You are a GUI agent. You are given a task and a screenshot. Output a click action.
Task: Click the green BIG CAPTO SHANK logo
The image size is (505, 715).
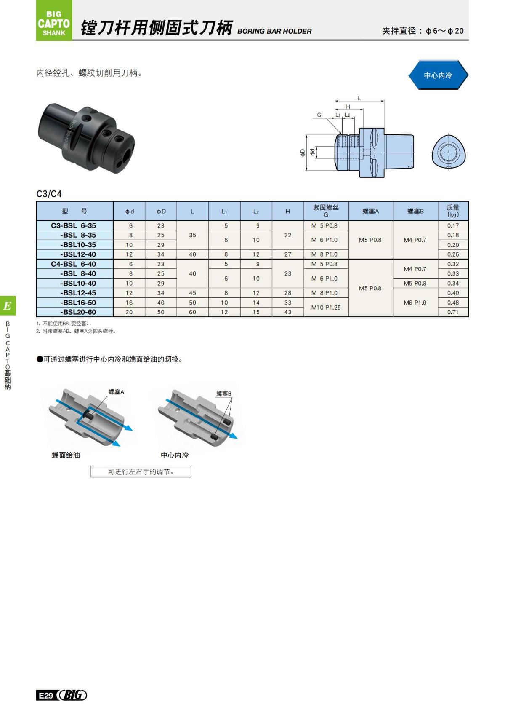click(54, 21)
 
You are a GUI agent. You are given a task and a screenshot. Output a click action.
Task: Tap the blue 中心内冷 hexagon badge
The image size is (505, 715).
click(438, 75)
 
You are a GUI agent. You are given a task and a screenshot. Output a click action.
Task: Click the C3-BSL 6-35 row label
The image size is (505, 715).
click(74, 225)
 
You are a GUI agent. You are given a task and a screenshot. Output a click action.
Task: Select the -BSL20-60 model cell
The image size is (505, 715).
click(78, 312)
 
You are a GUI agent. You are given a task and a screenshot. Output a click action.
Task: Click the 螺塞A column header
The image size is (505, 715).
click(371, 211)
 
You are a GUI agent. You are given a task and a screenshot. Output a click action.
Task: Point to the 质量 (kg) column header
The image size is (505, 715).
click(453, 211)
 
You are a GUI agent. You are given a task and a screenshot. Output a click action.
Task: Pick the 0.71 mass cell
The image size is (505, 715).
click(453, 312)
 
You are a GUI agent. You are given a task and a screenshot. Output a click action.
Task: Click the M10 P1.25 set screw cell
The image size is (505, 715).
click(326, 308)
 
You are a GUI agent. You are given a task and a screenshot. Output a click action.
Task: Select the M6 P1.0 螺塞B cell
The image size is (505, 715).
click(415, 303)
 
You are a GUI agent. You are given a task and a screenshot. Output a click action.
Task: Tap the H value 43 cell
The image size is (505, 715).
click(288, 312)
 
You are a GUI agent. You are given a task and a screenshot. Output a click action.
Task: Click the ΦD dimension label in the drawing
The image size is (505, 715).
click(303, 153)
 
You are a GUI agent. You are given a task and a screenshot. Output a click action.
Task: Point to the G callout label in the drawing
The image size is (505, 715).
click(319, 115)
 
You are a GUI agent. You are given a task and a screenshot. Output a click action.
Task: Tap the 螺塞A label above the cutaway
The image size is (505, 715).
click(116, 392)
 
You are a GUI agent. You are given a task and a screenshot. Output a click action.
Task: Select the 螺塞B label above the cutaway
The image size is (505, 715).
click(224, 394)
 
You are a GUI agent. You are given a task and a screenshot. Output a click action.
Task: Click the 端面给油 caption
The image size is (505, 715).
click(66, 455)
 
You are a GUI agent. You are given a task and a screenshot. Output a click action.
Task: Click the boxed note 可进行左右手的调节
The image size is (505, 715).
click(141, 472)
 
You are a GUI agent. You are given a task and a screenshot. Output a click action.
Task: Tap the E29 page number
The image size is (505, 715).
click(45, 695)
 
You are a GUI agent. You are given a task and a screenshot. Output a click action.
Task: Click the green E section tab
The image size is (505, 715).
click(8, 305)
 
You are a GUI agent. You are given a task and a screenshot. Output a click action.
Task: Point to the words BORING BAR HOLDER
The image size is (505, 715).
click(274, 31)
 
